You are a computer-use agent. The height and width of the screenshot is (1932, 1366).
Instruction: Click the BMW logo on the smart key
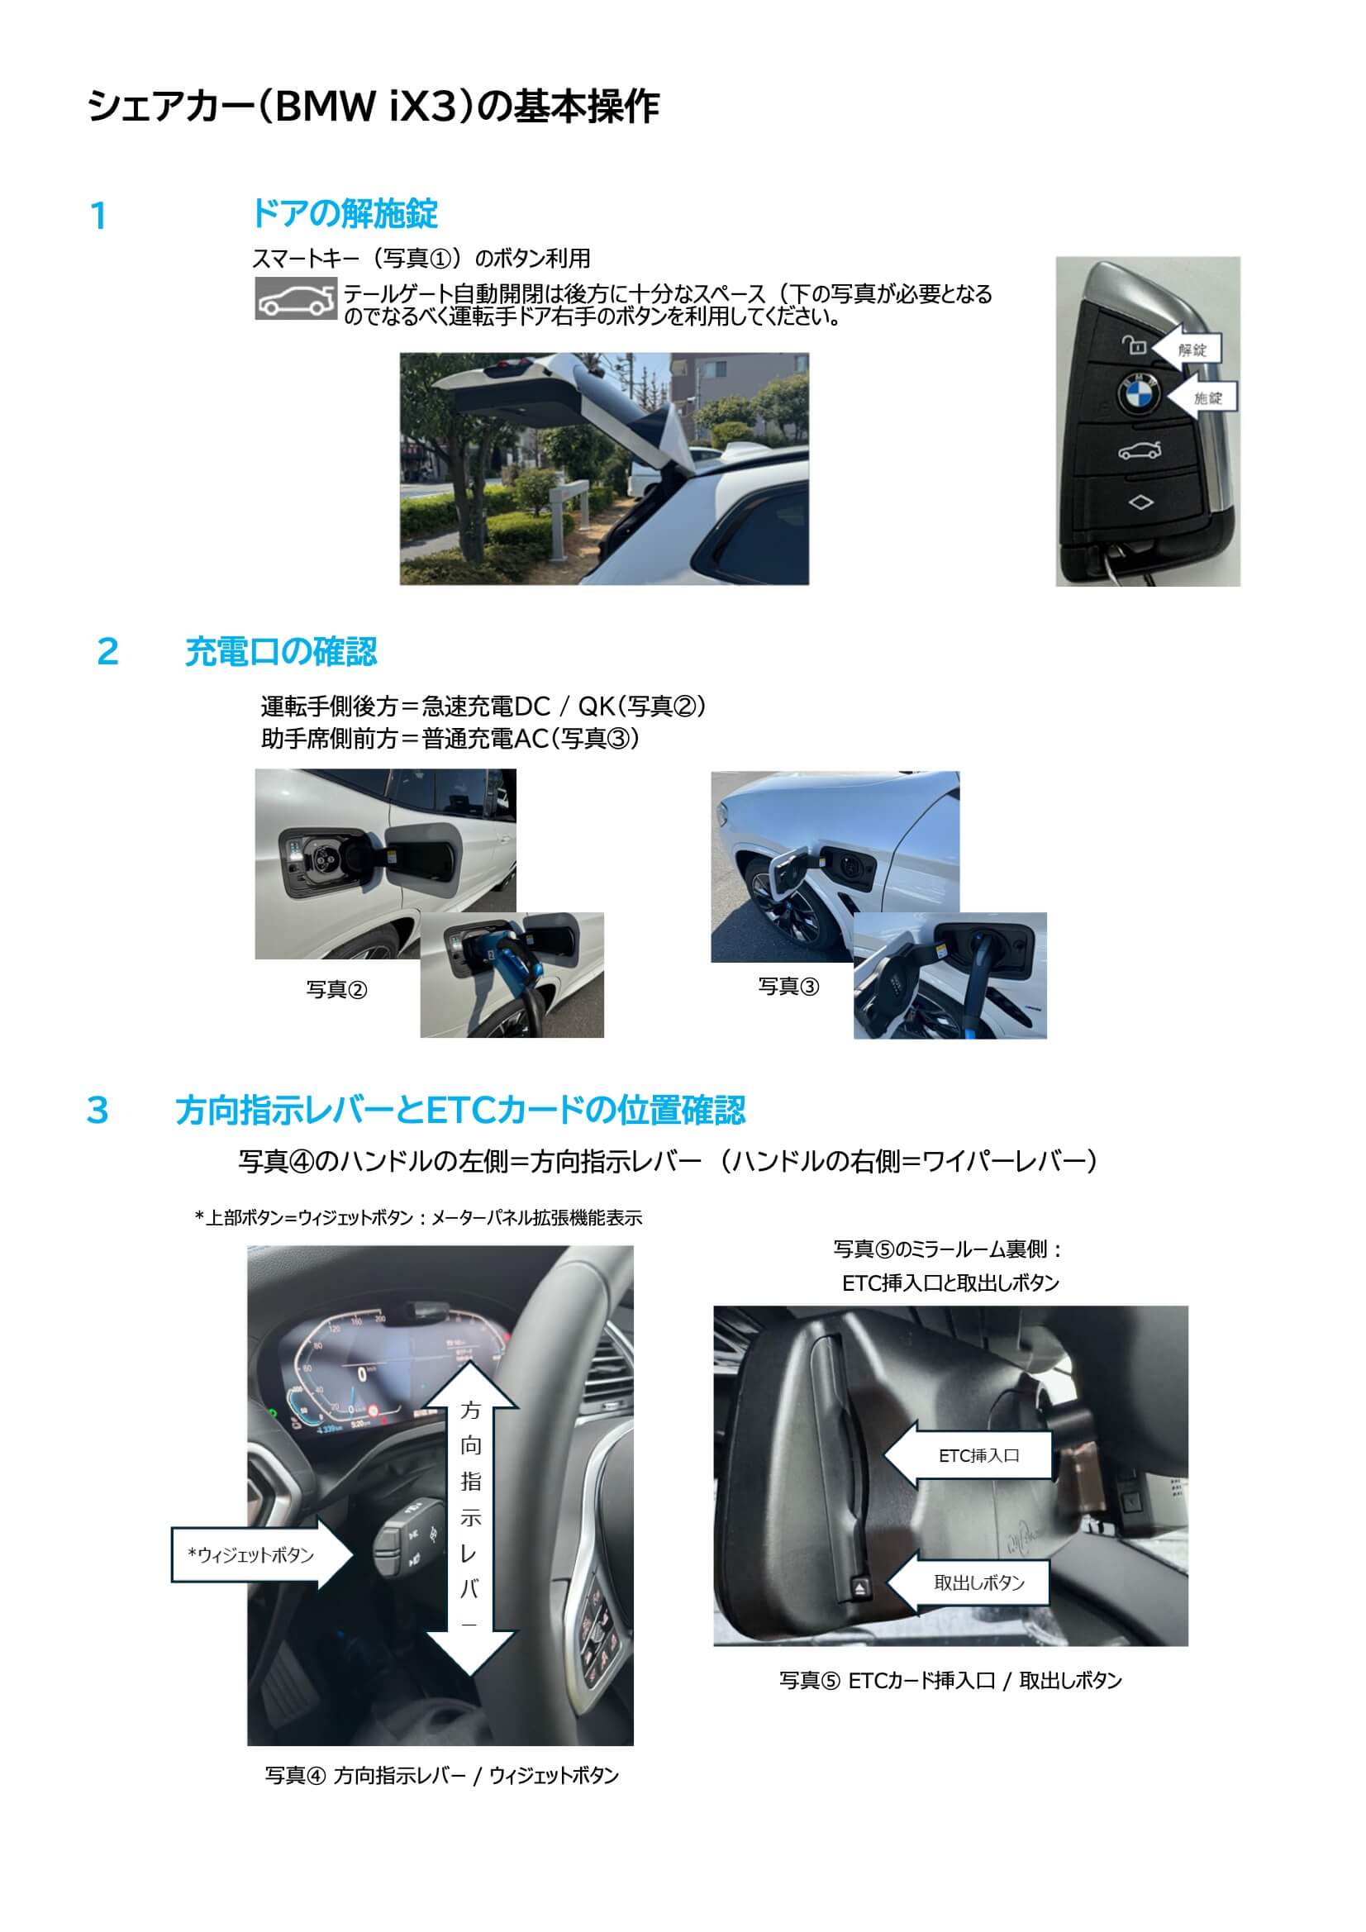click(x=1139, y=393)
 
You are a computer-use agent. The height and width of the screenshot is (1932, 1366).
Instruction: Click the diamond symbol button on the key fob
click(x=1140, y=502)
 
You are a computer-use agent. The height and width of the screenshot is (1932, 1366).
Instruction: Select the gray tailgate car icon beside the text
click(x=297, y=298)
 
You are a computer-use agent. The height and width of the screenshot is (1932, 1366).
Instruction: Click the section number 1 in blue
click(x=98, y=217)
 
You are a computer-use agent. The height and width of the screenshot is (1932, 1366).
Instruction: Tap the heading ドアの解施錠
click(x=345, y=214)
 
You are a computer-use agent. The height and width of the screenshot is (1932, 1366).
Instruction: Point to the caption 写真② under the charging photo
click(x=336, y=990)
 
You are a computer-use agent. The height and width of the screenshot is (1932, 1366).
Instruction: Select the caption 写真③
click(x=788, y=986)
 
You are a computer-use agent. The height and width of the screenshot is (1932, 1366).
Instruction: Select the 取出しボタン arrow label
click(x=969, y=1582)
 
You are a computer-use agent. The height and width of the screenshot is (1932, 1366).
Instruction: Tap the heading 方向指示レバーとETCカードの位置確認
click(x=460, y=1110)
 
